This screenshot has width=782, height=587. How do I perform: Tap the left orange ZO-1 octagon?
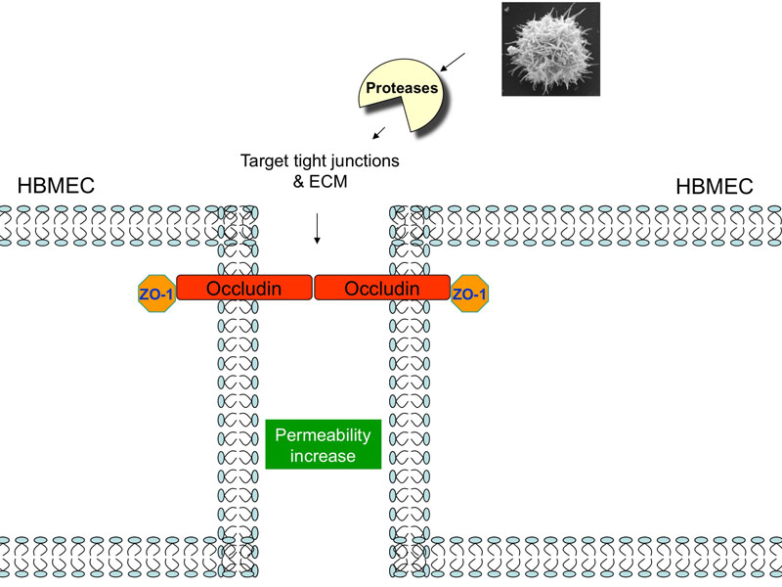click(x=157, y=293)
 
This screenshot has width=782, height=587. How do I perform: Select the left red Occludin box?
click(x=244, y=288)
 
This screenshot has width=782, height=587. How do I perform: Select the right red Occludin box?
click(x=382, y=288)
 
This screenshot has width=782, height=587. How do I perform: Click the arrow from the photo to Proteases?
click(x=451, y=63)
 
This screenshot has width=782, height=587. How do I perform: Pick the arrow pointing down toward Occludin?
click(x=317, y=230)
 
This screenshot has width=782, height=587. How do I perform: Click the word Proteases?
click(x=402, y=89)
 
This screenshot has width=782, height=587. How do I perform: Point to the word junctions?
click(x=363, y=158)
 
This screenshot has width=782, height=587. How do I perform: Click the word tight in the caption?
click(x=310, y=158)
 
